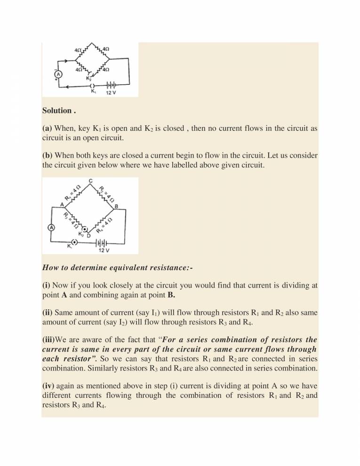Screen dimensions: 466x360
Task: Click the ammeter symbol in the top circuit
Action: click(x=59, y=74)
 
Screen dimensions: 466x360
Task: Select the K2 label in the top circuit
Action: click(x=89, y=79)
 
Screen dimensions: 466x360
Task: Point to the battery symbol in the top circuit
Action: click(x=112, y=85)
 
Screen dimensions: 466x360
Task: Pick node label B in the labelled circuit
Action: click(x=116, y=206)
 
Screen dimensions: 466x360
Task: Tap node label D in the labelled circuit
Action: click(x=88, y=235)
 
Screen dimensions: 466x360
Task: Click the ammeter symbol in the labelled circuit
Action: click(x=52, y=227)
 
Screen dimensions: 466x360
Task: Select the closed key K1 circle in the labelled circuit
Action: click(x=74, y=242)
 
